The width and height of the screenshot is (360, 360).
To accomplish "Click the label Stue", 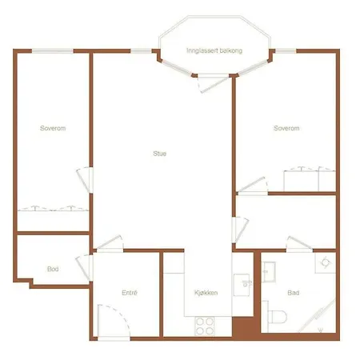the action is pyautogui.click(x=160, y=154).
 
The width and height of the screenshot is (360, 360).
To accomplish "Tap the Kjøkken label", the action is pyautogui.click(x=206, y=293).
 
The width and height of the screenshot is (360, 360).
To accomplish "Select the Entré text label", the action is pyautogui.click(x=130, y=293).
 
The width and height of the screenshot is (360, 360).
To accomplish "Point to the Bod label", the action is pyautogui.click(x=53, y=269).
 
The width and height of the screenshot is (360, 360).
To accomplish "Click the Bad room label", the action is pyautogui.click(x=293, y=293).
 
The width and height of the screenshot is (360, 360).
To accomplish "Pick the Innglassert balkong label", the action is pyautogui.click(x=214, y=50).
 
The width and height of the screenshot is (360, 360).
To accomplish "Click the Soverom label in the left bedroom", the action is pyautogui.click(x=53, y=128).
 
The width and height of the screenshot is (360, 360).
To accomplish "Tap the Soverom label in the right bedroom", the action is pyautogui.click(x=286, y=128).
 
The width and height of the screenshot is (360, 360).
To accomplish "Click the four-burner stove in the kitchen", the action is pyautogui.click(x=205, y=326).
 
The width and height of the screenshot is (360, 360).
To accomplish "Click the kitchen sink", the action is pyautogui.click(x=242, y=285).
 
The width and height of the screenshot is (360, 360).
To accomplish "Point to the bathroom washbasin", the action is pyautogui.click(x=269, y=272).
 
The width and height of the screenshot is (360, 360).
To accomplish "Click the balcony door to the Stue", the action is pyautogui.click(x=214, y=84).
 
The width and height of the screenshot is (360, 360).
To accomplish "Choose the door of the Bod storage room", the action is pyautogui.click(x=83, y=268).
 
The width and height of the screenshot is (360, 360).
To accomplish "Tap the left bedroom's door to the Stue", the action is pyautogui.click(x=84, y=180).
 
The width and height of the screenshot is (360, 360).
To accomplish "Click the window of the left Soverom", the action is pyautogui.click(x=53, y=51).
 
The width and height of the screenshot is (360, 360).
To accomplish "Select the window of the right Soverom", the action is pyautogui.click(x=286, y=51).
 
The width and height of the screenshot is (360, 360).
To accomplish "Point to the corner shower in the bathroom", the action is pyautogui.click(x=318, y=316).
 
